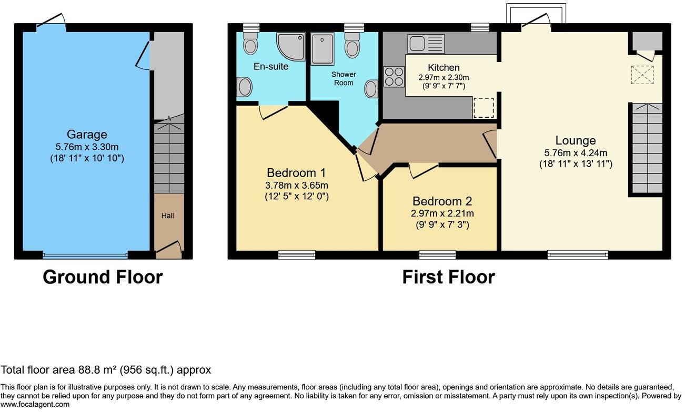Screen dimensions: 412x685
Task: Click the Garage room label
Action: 87,135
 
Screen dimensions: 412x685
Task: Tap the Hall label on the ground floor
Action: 168,215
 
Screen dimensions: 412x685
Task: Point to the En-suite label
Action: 271,67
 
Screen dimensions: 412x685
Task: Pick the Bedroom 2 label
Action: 442,201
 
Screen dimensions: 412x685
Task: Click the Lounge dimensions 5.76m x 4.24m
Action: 576,153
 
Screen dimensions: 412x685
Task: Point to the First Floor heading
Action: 448,277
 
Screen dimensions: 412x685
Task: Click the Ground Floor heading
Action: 103,277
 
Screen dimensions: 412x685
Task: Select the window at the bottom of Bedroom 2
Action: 438,255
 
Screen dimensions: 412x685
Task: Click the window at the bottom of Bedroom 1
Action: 297,255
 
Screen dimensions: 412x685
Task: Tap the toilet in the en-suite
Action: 251,45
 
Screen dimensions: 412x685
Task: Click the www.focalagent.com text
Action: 35,405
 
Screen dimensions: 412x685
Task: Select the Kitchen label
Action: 444,68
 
